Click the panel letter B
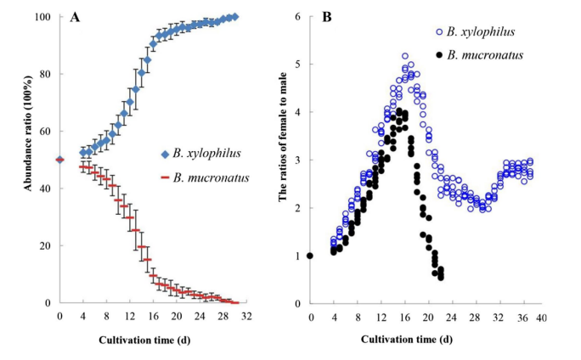click(x=327, y=17)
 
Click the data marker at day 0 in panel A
click(x=59, y=160)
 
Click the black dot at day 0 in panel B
click(x=311, y=256)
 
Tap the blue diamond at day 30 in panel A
click(x=234, y=17)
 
